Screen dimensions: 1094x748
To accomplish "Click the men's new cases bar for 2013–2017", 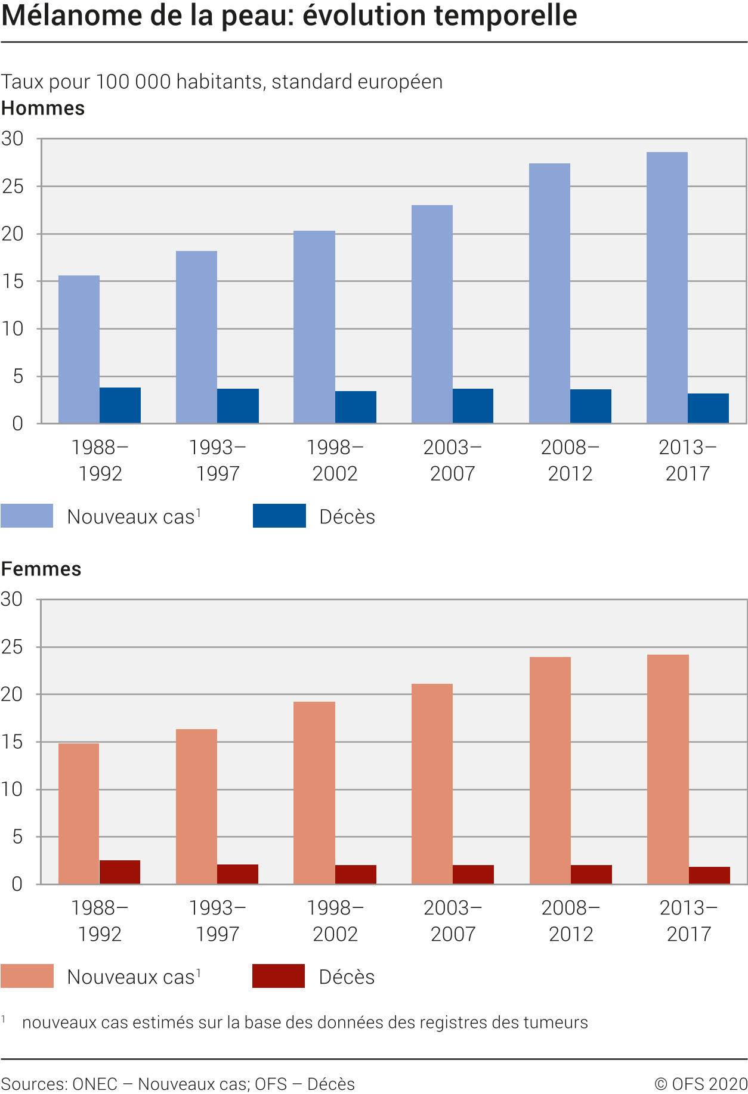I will (x=667, y=287).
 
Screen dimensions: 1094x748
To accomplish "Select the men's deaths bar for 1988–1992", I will (x=120, y=405).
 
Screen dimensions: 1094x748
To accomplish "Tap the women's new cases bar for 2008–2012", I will (x=550, y=770).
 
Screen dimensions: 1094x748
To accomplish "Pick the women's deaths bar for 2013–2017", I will (x=709, y=875).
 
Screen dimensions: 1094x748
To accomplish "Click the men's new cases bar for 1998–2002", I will (x=314, y=327).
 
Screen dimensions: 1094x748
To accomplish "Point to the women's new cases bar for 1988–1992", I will (x=79, y=813).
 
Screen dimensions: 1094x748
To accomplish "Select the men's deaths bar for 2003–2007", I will (x=473, y=406).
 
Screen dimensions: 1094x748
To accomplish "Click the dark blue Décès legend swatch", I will (x=279, y=516).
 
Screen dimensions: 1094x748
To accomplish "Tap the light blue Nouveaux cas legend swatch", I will (x=27, y=516).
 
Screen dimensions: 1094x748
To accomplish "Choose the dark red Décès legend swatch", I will (x=279, y=976).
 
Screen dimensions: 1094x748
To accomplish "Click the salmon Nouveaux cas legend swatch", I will (x=27, y=976).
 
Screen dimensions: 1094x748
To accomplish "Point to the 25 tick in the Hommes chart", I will (x=13, y=187).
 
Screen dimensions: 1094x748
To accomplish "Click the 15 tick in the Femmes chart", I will (x=13, y=742).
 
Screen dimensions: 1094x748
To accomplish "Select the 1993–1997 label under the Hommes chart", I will (x=218, y=460).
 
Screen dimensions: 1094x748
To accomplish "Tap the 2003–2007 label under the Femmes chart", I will (x=453, y=921).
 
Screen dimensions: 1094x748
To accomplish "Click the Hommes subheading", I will (x=43, y=109).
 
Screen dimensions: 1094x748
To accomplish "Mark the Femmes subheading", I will (x=41, y=569).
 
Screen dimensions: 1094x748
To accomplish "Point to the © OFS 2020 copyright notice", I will (x=701, y=1084).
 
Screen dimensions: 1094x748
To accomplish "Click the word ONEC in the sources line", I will (x=94, y=1084).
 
